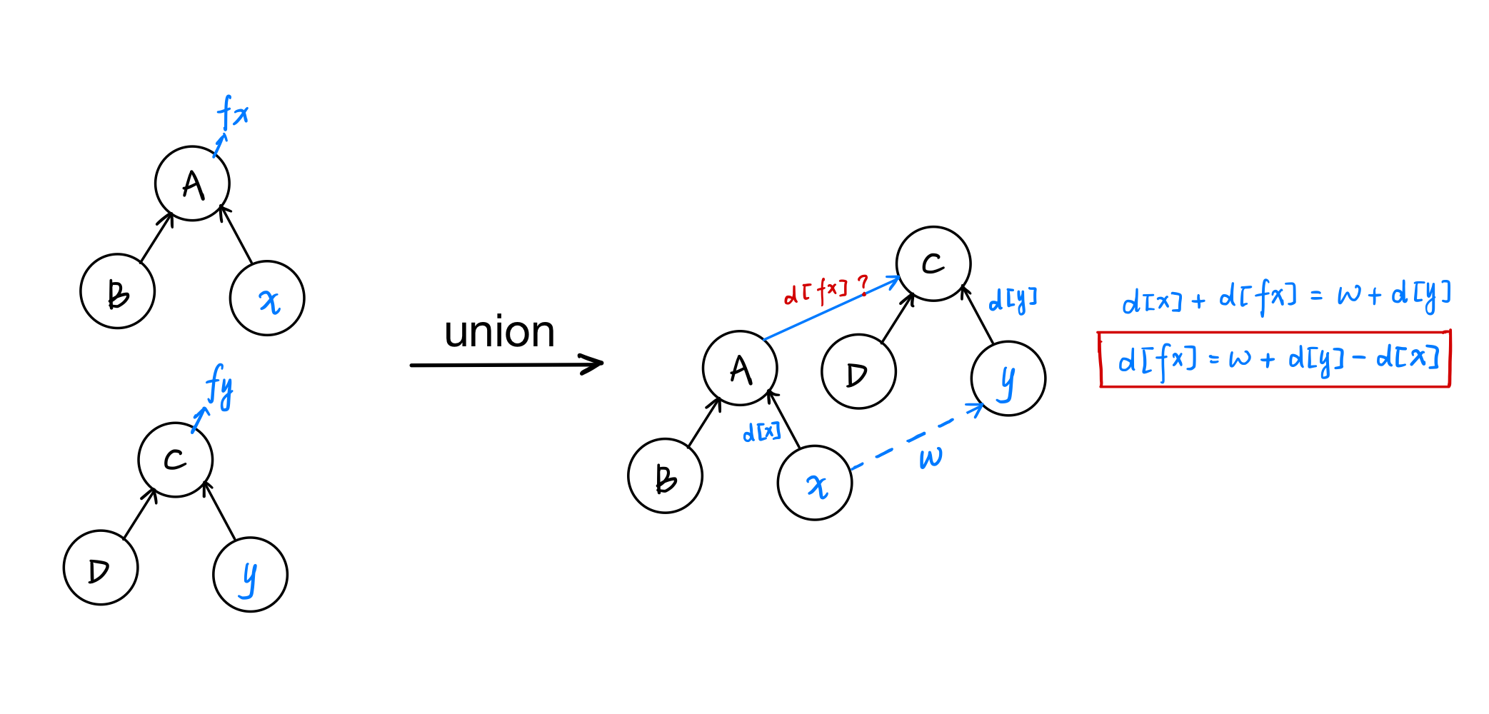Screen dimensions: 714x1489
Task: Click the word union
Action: point(499,332)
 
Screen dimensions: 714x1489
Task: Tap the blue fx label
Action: point(233,112)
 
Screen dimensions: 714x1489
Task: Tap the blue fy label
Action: point(220,386)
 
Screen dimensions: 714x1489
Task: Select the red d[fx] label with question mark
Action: point(826,291)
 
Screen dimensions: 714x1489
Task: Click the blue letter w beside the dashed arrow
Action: point(931,458)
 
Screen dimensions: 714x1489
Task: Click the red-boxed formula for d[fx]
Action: point(1275,359)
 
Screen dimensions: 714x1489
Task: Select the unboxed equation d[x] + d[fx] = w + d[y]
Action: point(1285,296)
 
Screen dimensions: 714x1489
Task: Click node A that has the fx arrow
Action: point(192,184)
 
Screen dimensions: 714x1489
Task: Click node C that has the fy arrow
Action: point(175,460)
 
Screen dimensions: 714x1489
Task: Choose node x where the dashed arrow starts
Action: point(815,483)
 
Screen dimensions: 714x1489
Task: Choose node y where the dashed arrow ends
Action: point(1008,378)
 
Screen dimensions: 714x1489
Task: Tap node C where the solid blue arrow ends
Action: point(933,264)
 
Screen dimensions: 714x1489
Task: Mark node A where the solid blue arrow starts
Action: point(740,368)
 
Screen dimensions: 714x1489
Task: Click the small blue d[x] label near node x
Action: point(761,432)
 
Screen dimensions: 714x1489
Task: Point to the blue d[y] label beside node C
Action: point(1012,300)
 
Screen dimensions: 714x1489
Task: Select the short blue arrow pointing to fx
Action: point(220,145)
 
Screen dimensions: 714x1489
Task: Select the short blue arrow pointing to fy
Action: point(200,420)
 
